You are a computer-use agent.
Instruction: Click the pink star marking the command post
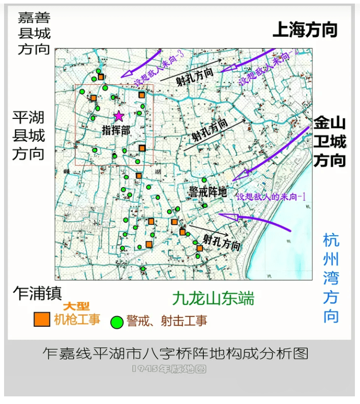pos(118,116)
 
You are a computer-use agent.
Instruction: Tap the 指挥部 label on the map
pos(116,130)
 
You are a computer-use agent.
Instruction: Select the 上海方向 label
pos(305,30)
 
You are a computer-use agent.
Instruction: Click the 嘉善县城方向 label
pos(34,34)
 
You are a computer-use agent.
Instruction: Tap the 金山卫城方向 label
pos(329,142)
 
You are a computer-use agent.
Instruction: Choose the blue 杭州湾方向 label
pos(331,278)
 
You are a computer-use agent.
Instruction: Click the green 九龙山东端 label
pos(213,298)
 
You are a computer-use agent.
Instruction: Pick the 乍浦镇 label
pos(38,293)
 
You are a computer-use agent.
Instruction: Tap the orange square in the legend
pos(42,319)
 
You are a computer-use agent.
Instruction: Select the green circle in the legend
pos(117,322)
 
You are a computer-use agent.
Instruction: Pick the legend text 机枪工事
pos(77,319)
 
